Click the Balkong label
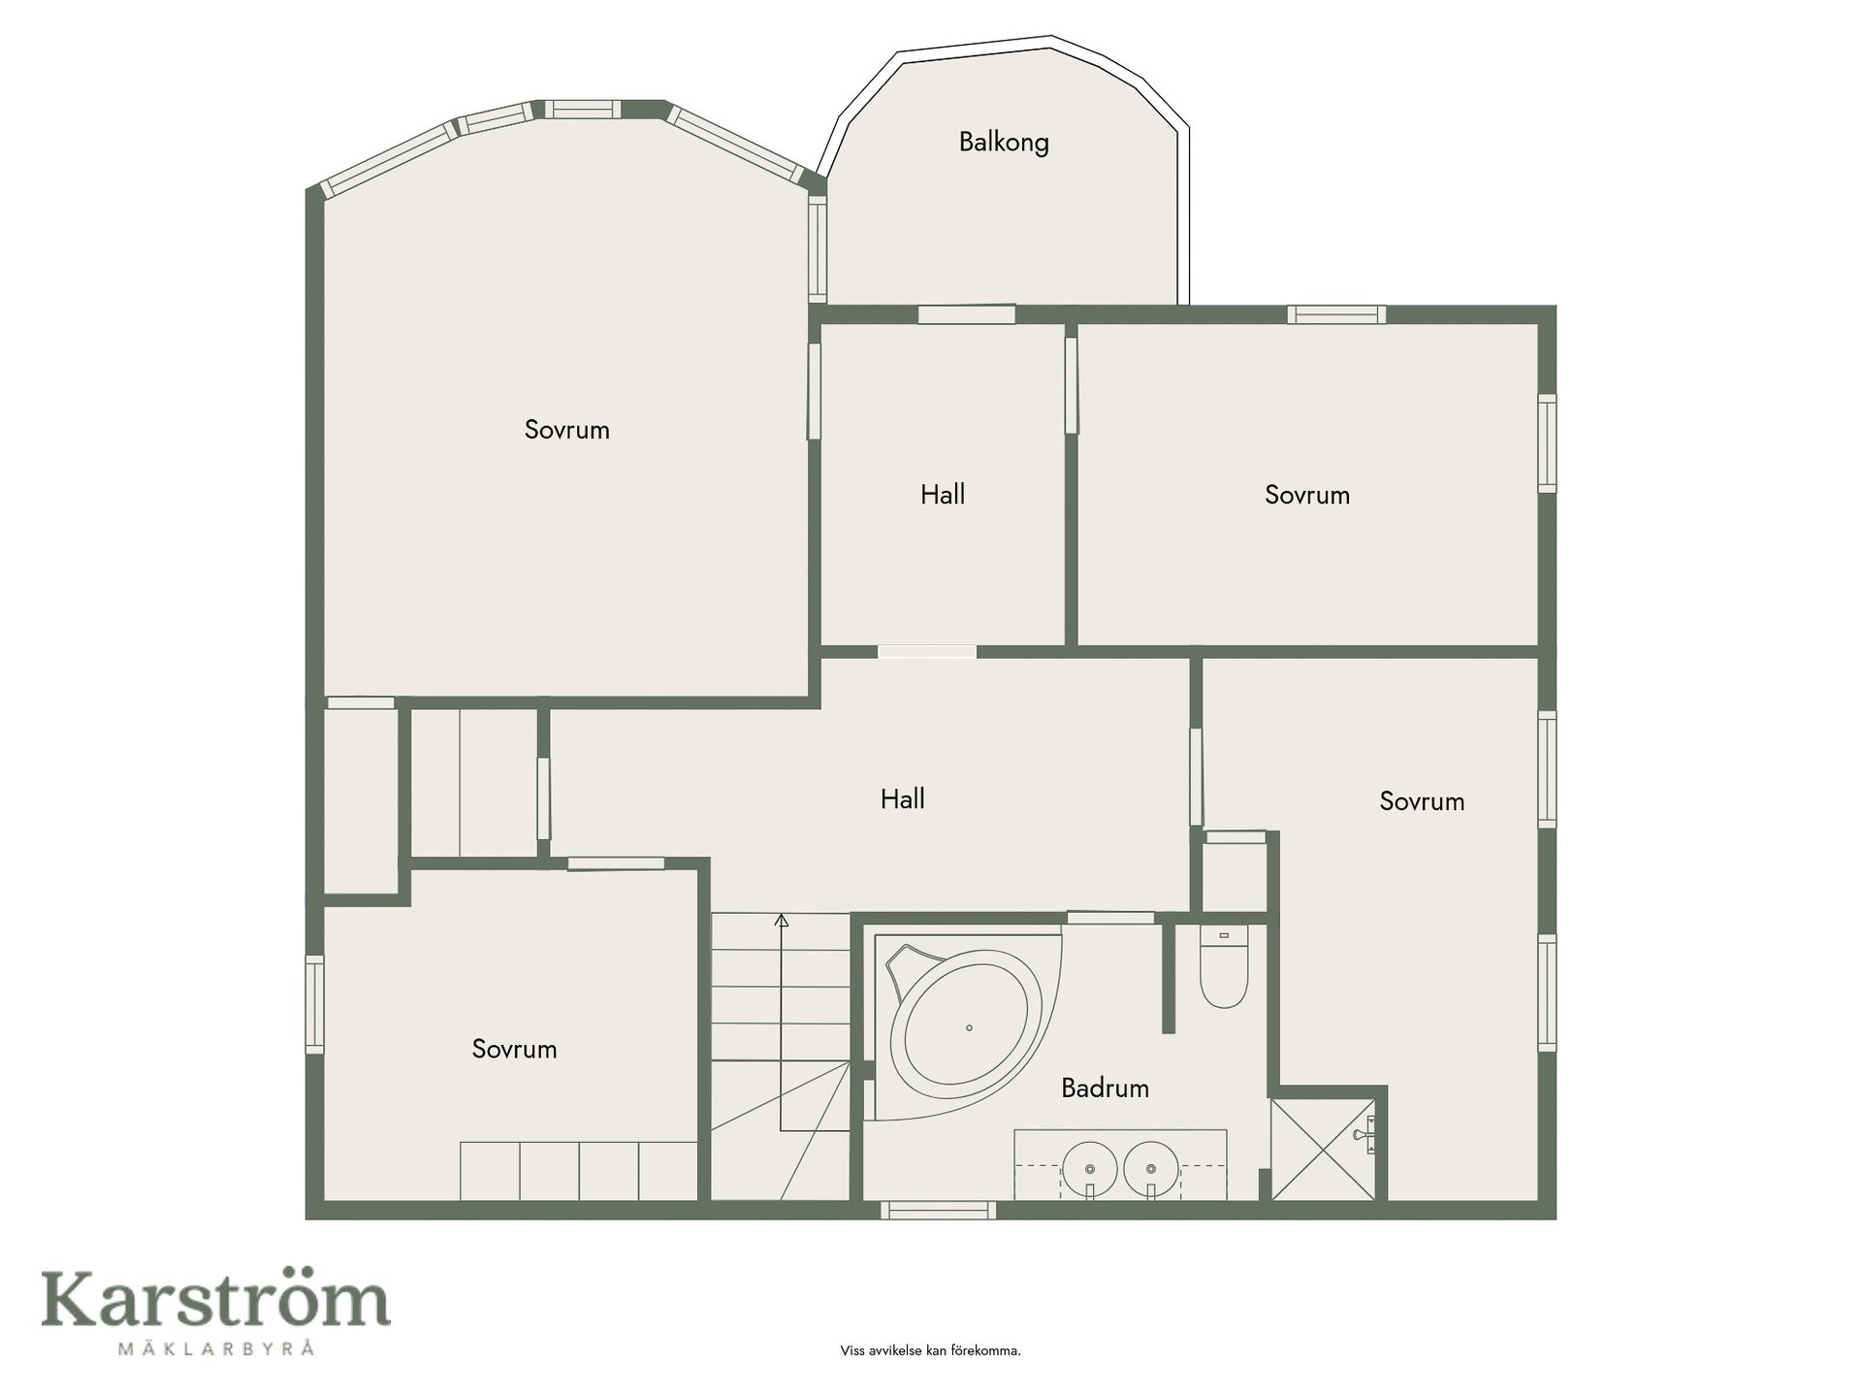(x=1004, y=143)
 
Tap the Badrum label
(x=1105, y=1088)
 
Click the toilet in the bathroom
(x=1223, y=966)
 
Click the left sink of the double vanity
(x=1090, y=1168)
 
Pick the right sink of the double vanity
(x=1151, y=1168)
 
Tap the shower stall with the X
(x=1323, y=1150)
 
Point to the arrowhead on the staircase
(x=781, y=920)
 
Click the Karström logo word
(x=215, y=1300)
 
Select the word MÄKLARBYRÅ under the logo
(x=215, y=1348)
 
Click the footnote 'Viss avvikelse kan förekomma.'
(x=930, y=1350)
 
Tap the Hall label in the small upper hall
(x=943, y=495)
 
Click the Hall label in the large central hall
(x=902, y=799)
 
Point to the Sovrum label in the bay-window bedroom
(x=567, y=430)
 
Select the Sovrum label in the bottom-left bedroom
(x=514, y=1049)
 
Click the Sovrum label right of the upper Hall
(x=1307, y=495)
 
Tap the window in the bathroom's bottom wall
(x=938, y=1210)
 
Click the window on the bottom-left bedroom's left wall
(x=314, y=1004)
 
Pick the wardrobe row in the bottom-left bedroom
(x=579, y=1171)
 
